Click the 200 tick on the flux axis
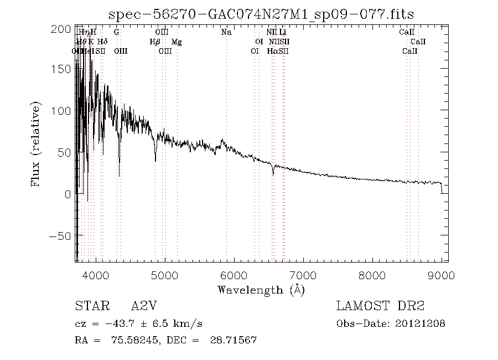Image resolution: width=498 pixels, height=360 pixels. click(65, 29)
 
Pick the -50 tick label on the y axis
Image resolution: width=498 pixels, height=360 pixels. click(61, 236)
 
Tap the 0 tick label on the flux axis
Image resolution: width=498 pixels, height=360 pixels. click(67, 194)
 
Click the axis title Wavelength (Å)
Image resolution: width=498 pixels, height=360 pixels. click(261, 289)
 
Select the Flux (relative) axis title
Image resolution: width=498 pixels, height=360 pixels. click(37, 144)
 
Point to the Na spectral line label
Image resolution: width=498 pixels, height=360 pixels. click(226, 32)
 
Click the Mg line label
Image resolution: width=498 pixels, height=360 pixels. click(177, 42)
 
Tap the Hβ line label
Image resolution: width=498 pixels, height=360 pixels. click(155, 42)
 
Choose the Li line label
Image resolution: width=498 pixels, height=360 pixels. click(282, 32)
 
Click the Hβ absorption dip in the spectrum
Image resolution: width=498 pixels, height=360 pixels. click(155, 159)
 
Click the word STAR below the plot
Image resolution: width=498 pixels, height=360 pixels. click(89, 306)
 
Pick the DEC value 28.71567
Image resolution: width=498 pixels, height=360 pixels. click(234, 340)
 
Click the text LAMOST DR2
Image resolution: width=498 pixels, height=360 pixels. click(380, 306)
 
